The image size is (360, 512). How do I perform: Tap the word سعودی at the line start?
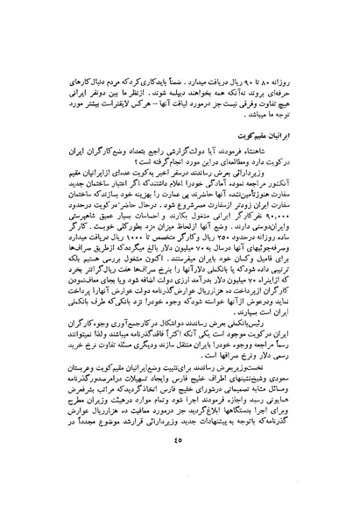click(300, 410)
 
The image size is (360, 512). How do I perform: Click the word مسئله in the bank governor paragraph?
click(116, 360)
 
